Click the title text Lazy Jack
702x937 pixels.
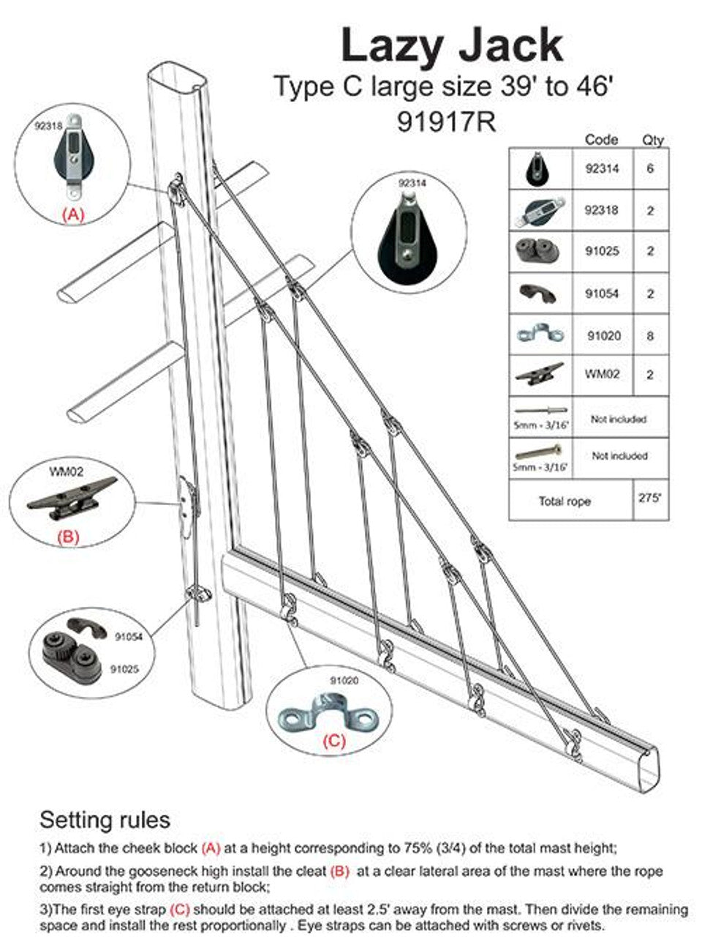[x=452, y=45]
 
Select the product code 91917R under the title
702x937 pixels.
[x=446, y=122]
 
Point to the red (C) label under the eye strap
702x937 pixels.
[x=333, y=741]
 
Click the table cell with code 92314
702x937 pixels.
[x=602, y=168]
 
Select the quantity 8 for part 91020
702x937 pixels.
[x=649, y=336]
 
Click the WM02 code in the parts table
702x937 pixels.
[x=602, y=373]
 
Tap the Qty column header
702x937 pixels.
[x=652, y=140]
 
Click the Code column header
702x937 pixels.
[x=601, y=140]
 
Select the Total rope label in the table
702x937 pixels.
[x=565, y=501]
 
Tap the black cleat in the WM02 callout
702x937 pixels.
[x=71, y=499]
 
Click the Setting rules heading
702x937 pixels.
[x=105, y=819]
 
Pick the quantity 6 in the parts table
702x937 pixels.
[x=649, y=168]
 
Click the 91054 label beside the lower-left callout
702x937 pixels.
[x=129, y=637]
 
